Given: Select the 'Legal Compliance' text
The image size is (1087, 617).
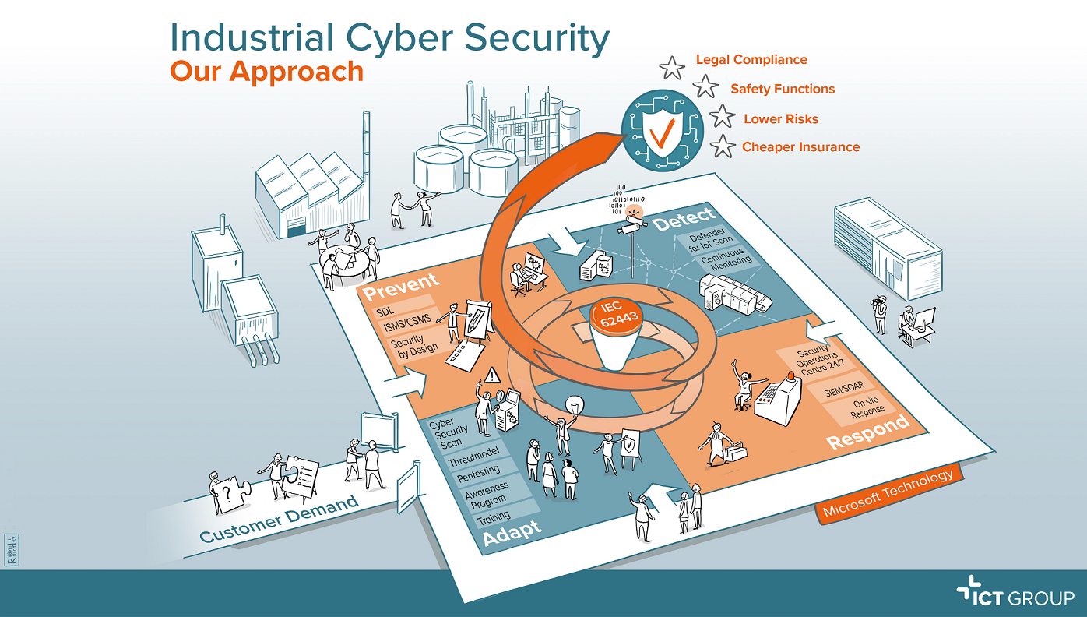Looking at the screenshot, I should (x=751, y=60).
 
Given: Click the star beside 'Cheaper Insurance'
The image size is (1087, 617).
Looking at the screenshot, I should (x=723, y=146).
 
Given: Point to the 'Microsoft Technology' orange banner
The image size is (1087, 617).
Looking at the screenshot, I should (x=888, y=494).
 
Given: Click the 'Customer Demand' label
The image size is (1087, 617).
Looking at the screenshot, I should (x=279, y=520).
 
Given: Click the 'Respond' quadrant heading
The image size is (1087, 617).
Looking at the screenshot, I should (x=867, y=432).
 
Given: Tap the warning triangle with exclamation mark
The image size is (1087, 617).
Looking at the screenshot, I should (x=491, y=376).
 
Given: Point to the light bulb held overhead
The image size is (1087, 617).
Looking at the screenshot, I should (x=575, y=404).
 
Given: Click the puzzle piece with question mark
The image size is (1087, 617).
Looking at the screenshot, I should (x=227, y=495).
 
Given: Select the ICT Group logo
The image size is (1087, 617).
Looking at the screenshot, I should (x=1015, y=597).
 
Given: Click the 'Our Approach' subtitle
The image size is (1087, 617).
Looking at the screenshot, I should (x=266, y=71).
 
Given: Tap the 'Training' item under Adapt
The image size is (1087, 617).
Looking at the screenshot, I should (x=494, y=516).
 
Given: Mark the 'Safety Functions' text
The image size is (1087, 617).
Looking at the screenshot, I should (x=783, y=90).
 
